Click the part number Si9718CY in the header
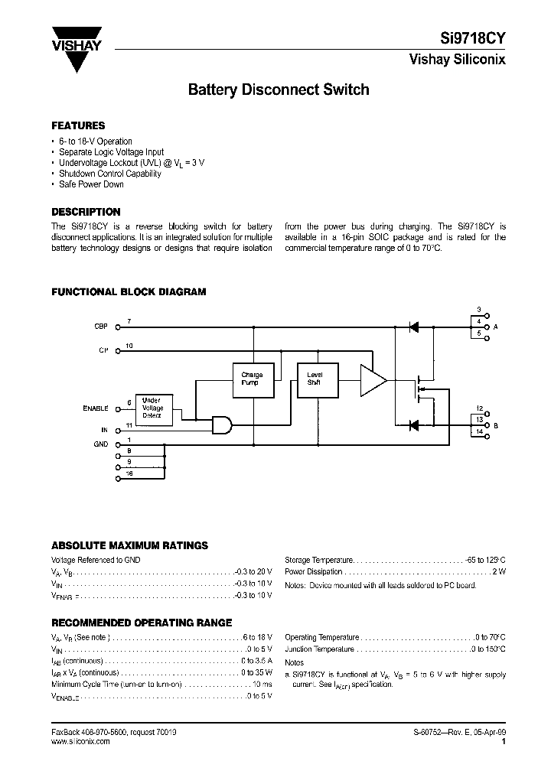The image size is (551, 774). [477, 37]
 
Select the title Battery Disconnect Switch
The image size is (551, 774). [279, 89]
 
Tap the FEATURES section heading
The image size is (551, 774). [78, 125]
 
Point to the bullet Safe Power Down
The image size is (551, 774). [92, 184]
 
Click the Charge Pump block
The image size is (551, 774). [252, 379]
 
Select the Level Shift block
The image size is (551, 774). [315, 379]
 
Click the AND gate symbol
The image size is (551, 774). [222, 424]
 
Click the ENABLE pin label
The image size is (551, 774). [96, 408]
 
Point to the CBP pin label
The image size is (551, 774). [101, 327]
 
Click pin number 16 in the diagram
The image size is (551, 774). [129, 475]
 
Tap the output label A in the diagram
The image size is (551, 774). [496, 327]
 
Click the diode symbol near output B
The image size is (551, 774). [413, 424]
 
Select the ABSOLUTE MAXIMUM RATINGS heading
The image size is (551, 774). [129, 545]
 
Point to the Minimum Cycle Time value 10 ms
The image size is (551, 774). [262, 684]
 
